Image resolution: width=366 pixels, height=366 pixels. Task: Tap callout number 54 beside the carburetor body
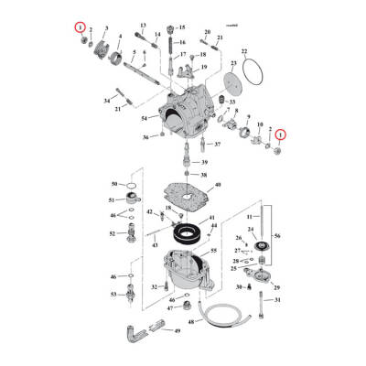(144, 119)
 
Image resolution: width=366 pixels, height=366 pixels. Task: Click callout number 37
(217, 145)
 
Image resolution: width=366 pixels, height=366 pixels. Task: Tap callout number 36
(145, 137)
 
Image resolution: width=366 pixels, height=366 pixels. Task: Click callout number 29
(277, 286)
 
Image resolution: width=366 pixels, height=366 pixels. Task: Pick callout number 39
(204, 162)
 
